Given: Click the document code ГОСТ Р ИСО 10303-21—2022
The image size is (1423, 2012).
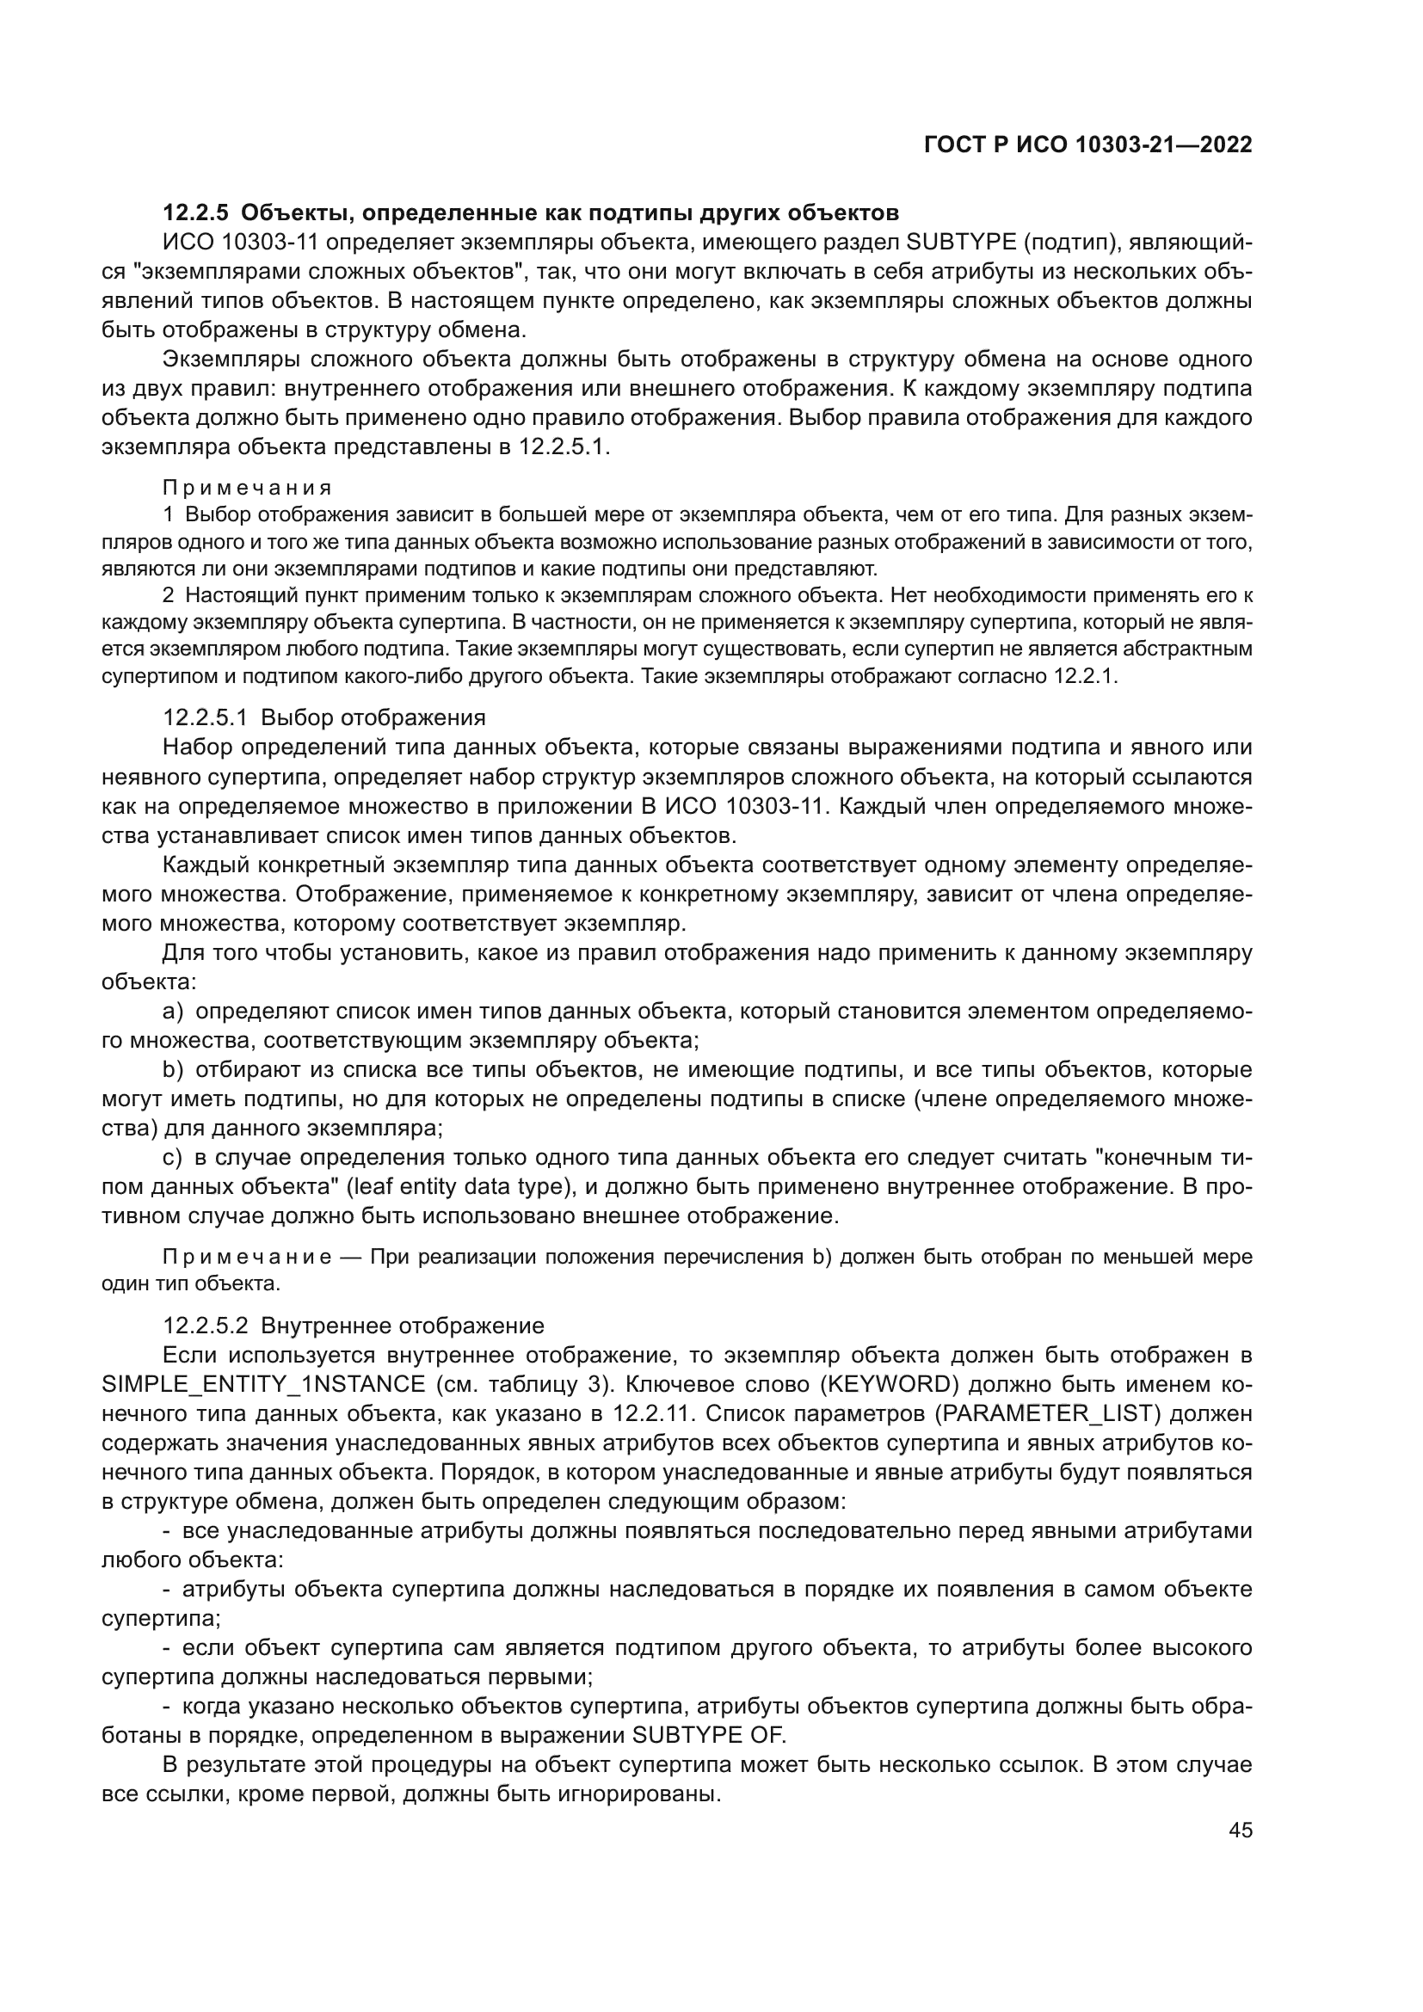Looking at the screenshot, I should pos(1087,145).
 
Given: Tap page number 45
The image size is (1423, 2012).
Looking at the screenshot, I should pos(1240,1829).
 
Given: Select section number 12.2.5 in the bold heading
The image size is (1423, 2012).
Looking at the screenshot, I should pos(196,213).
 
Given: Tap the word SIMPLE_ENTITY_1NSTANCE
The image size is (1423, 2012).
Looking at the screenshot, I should pos(264,1384).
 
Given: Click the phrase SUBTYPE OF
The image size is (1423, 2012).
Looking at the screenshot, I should pos(709,1735).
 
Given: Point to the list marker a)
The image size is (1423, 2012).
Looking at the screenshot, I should pos(174,1012).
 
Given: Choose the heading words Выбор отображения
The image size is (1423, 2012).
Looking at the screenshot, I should pos(373,717).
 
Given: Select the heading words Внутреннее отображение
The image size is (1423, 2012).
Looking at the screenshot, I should pos(402,1325).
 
